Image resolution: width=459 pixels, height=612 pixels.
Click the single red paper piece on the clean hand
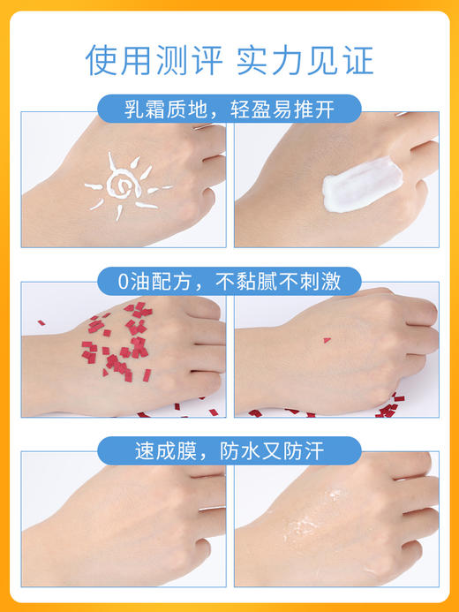(327, 340)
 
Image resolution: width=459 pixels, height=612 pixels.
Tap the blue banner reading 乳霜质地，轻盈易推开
(229, 110)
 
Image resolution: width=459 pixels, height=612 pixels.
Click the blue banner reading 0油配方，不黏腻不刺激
(229, 282)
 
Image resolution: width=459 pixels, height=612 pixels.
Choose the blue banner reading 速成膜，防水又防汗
(229, 451)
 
